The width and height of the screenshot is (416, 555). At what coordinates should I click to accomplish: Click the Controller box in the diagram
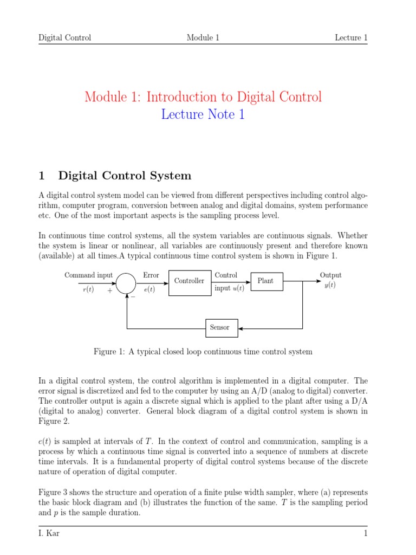[189, 281]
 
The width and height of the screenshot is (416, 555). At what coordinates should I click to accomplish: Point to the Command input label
[88, 275]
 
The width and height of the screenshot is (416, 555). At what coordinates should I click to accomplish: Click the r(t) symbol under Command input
[88, 289]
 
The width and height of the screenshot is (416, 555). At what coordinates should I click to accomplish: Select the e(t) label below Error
[150, 289]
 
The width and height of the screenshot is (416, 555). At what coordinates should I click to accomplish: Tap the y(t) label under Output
[330, 286]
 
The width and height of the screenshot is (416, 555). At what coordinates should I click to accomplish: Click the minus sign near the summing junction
[133, 296]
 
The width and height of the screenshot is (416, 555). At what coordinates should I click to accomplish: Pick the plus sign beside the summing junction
[110, 291]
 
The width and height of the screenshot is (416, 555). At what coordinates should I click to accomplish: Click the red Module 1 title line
[203, 97]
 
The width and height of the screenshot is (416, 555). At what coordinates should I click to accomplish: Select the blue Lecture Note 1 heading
[203, 114]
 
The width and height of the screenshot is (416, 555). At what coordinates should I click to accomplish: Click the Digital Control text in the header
[65, 37]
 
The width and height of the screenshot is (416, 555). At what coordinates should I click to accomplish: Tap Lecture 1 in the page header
[351, 37]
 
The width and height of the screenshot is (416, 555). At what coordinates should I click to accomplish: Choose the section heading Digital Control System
[125, 176]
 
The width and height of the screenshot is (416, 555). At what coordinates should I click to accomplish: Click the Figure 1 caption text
[203, 352]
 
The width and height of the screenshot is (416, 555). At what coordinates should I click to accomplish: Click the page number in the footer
[366, 534]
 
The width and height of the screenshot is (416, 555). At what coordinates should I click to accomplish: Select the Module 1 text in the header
[203, 37]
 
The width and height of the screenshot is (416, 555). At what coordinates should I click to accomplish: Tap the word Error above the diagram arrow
[151, 275]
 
